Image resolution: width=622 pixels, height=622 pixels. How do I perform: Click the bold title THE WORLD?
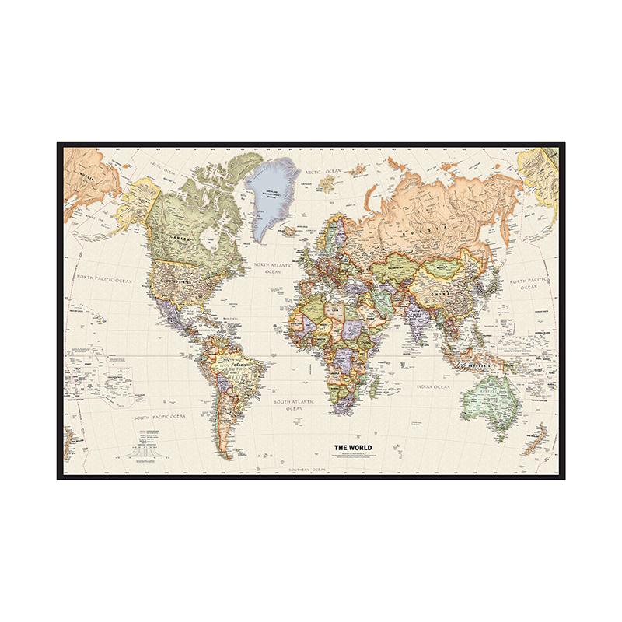point(352,446)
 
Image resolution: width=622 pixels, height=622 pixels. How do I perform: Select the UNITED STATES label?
point(173,274)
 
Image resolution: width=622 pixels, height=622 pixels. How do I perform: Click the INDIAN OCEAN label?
point(433,386)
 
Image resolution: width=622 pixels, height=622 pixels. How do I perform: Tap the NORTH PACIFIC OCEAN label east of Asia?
point(529,283)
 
